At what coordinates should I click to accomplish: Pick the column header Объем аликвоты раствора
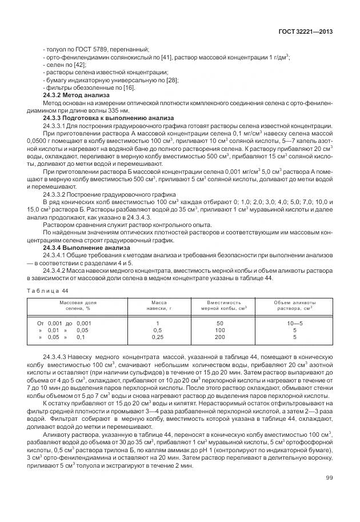click(294, 305)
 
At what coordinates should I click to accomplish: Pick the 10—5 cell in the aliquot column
click(294, 323)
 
